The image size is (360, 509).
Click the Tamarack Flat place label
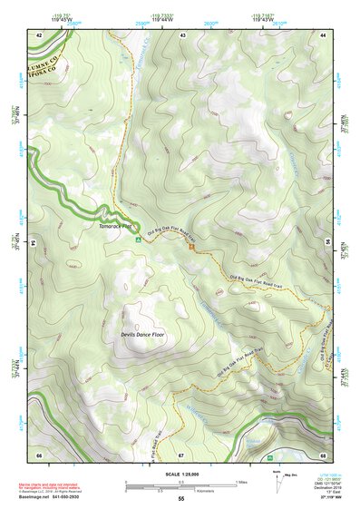coord(114,231)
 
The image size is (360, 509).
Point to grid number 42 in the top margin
coord(39,34)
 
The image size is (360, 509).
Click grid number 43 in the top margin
coord(182,34)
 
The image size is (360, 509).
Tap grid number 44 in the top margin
coord(323,34)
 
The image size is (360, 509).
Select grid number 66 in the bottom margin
coord(39,454)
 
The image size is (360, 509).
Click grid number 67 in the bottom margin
coord(181,454)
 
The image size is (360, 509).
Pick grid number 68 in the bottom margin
coord(323,454)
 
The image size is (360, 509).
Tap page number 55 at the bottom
coord(180,499)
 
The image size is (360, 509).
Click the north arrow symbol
coord(275,479)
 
